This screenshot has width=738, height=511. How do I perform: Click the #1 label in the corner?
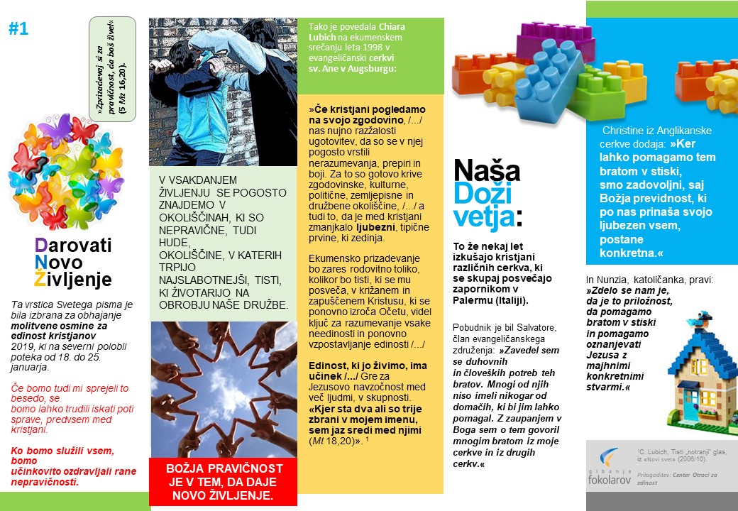[19, 29]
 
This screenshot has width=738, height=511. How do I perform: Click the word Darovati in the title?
[73, 246]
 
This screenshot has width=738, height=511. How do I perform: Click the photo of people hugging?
[223, 91]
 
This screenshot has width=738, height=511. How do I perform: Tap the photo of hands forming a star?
[223, 388]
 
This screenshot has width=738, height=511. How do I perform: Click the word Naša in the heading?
[486, 171]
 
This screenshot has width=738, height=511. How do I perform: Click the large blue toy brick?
[540, 82]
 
